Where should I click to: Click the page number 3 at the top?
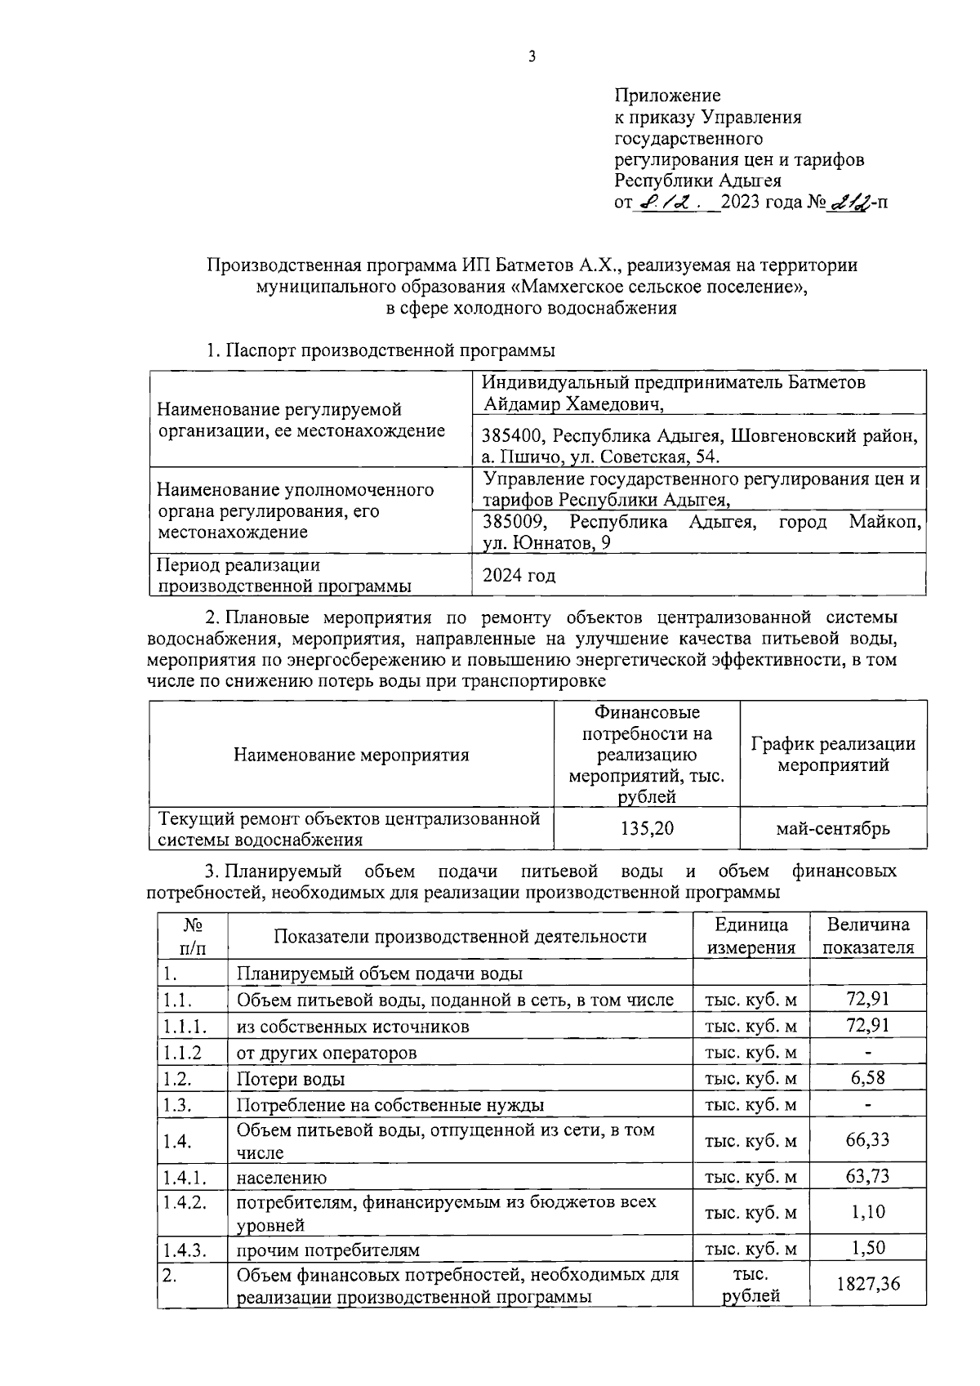pyautogui.click(x=532, y=56)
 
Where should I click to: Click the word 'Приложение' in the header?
pyautogui.click(x=667, y=96)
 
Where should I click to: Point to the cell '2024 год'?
pyautogui.click(x=519, y=575)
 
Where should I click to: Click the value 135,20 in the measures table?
pyautogui.click(x=647, y=828)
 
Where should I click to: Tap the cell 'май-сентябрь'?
pyautogui.click(x=833, y=828)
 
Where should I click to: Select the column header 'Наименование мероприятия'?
pyautogui.click(x=351, y=754)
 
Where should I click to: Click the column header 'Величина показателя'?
pyautogui.click(x=868, y=936)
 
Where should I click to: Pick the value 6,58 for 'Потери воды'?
pyautogui.click(x=868, y=1078)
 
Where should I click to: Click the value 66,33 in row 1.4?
pyautogui.click(x=868, y=1139)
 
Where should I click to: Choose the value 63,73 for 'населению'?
pyautogui.click(x=868, y=1176)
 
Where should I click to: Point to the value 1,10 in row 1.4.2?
pyautogui.click(x=868, y=1212)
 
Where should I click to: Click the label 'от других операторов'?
pyautogui.click(x=327, y=1053)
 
